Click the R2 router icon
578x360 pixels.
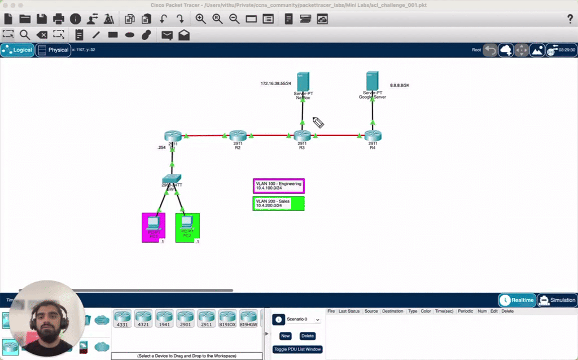click(x=238, y=135)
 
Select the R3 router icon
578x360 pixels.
click(x=302, y=135)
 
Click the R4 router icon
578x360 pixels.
click(x=373, y=135)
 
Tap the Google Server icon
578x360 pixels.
click(x=372, y=81)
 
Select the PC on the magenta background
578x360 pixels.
click(x=153, y=225)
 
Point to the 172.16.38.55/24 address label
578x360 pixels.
click(x=275, y=84)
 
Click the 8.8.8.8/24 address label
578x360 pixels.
click(x=399, y=85)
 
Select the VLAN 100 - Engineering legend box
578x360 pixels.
click(x=278, y=186)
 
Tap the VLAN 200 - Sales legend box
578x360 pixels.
click(x=278, y=204)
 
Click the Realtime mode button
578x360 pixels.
click(x=516, y=300)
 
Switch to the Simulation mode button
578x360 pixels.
click(x=557, y=300)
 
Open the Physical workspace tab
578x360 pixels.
click(x=53, y=50)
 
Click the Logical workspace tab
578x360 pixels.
click(x=17, y=50)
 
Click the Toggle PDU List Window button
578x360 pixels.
click(x=297, y=349)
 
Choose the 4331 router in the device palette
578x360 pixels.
click(x=122, y=318)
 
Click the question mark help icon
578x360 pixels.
click(x=570, y=19)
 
